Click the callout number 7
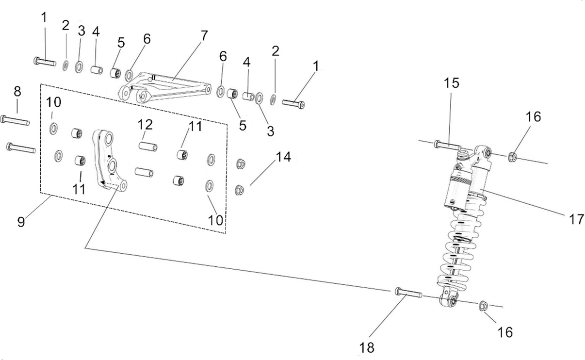tap(204, 35)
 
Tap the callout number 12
tap(145, 125)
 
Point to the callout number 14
tap(283, 157)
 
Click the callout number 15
tap(451, 83)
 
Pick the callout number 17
tap(576, 219)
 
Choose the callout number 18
tap(367, 347)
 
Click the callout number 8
tap(17, 91)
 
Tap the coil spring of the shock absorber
tap(456, 252)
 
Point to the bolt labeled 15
tap(447, 144)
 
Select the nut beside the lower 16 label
tap(483, 306)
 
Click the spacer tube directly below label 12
tap(145, 145)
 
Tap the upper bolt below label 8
tap(16, 120)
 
